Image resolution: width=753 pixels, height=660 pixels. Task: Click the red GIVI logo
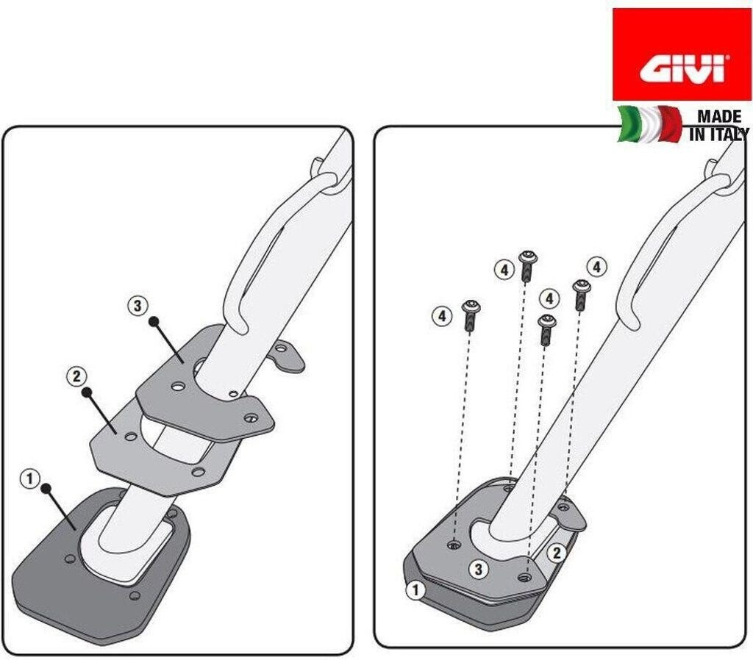(x=682, y=54)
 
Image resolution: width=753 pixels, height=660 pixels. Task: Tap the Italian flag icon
(x=650, y=124)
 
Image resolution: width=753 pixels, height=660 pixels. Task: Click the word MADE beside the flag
(x=719, y=117)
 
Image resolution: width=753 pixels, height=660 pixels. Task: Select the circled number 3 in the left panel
(x=138, y=306)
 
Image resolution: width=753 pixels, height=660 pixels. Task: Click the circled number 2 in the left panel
(x=76, y=377)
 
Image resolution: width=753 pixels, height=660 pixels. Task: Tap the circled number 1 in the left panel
(x=29, y=479)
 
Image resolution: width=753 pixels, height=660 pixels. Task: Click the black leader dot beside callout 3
(x=154, y=322)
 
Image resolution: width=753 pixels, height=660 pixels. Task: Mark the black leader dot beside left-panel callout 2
(x=87, y=392)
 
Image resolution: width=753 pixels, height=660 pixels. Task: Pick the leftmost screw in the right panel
(x=470, y=315)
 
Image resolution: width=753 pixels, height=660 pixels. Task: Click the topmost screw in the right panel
(x=528, y=265)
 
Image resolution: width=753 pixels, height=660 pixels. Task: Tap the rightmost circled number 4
(x=597, y=267)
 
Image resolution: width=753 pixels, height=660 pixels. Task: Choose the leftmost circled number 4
(x=442, y=316)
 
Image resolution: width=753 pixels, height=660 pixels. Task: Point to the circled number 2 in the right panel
(x=557, y=553)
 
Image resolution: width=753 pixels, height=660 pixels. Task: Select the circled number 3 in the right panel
(x=478, y=570)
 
